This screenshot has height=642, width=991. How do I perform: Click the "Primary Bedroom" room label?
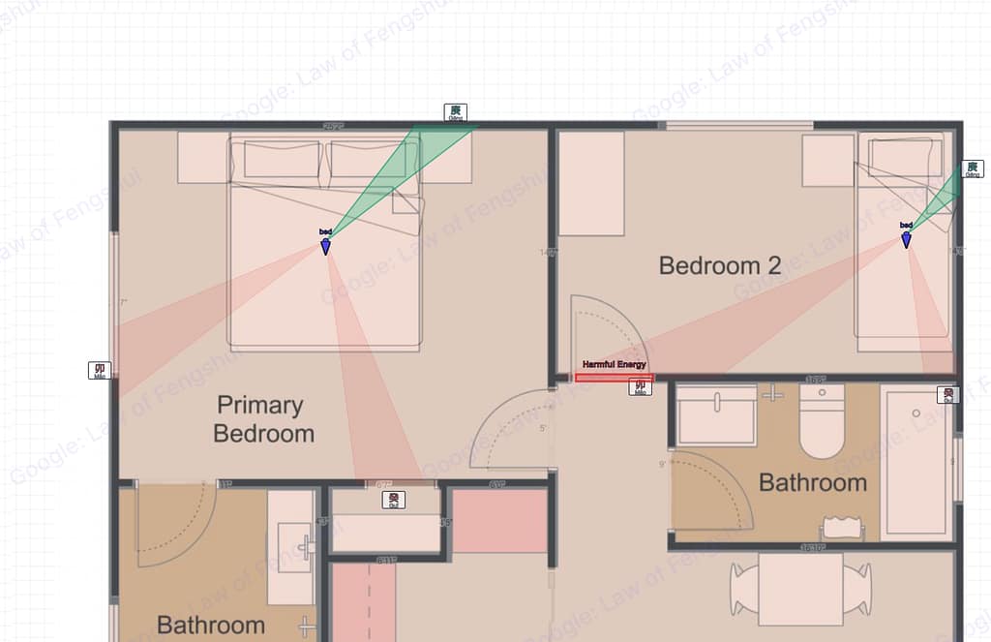point(263,418)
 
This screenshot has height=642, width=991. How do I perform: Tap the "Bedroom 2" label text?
point(719,265)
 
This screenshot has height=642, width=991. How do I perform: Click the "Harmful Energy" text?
point(614,364)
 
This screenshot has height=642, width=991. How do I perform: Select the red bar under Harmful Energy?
point(614,378)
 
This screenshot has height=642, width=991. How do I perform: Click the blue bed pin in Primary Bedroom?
point(325,246)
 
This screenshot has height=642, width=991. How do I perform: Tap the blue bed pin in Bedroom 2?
point(906,239)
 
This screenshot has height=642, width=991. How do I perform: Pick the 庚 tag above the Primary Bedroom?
point(454,113)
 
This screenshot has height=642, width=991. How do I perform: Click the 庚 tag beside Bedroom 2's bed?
point(973,169)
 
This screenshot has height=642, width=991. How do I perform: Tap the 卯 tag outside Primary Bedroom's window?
point(99,370)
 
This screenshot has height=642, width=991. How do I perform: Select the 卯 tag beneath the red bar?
point(640,387)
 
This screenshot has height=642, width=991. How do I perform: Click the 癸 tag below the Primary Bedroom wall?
point(394,500)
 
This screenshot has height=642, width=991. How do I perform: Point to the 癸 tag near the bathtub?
point(948,395)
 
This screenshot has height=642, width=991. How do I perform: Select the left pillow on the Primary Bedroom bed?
point(282,159)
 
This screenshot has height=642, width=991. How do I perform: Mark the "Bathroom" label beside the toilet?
point(812,482)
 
